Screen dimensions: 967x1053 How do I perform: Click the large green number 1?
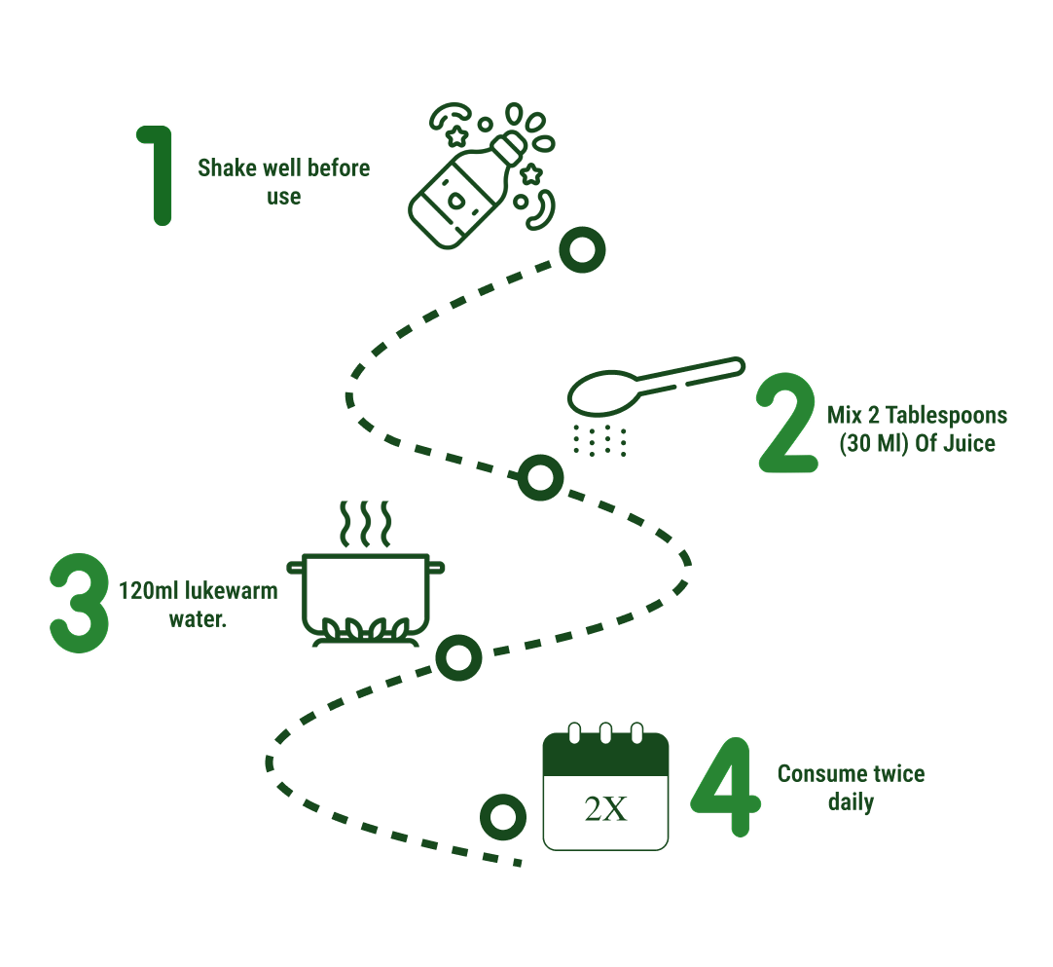(x=156, y=175)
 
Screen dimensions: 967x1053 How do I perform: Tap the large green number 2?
(x=787, y=424)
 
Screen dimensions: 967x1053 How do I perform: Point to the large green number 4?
(x=725, y=788)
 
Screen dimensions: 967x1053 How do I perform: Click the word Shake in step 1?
(x=225, y=168)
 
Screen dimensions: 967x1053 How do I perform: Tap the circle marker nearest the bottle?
(x=582, y=251)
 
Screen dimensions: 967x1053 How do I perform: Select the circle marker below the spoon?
(x=539, y=477)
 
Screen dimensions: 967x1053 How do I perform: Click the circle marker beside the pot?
(x=457, y=657)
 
